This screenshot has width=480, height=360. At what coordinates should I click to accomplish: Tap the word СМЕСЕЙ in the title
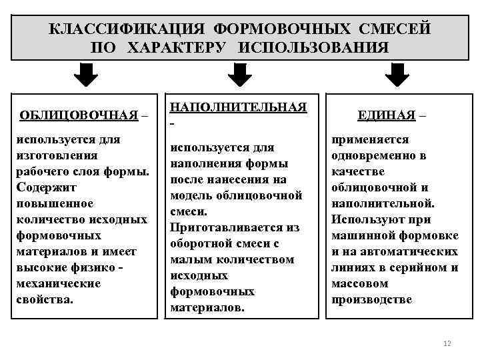pyautogui.click(x=394, y=29)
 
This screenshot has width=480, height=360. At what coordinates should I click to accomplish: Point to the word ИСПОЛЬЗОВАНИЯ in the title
pyautogui.click(x=313, y=48)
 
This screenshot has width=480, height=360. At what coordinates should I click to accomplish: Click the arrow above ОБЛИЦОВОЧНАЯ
pyautogui.click(x=85, y=75)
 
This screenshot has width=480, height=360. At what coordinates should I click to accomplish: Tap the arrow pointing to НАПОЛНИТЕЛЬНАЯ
pyautogui.click(x=239, y=75)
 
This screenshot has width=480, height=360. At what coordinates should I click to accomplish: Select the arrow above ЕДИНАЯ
pyautogui.click(x=397, y=75)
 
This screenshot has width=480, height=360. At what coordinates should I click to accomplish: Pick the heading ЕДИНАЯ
pyautogui.click(x=386, y=115)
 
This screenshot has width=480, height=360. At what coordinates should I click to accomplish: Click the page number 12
pyautogui.click(x=447, y=343)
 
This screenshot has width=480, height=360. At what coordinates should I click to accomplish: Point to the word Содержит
pyautogui.click(x=43, y=187)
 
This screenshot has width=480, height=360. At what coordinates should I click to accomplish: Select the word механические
pyautogui.click(x=59, y=283)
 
